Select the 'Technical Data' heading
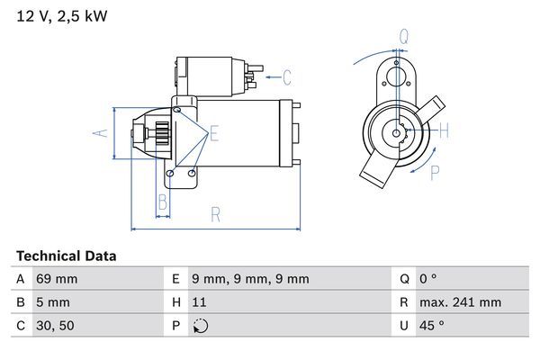tap(67, 256)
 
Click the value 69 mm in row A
tap(56, 279)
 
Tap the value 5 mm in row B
tap(52, 302)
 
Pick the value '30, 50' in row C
tap(54, 326)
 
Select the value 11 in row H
tap(201, 302)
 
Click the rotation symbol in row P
tap(201, 326)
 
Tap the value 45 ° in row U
tap(436, 326)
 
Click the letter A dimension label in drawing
tap(101, 133)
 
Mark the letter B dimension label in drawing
tap(163, 201)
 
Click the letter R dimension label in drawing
tap(216, 214)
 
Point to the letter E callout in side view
tap(214, 135)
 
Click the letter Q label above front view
tap(404, 37)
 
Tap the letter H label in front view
tap(444, 130)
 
